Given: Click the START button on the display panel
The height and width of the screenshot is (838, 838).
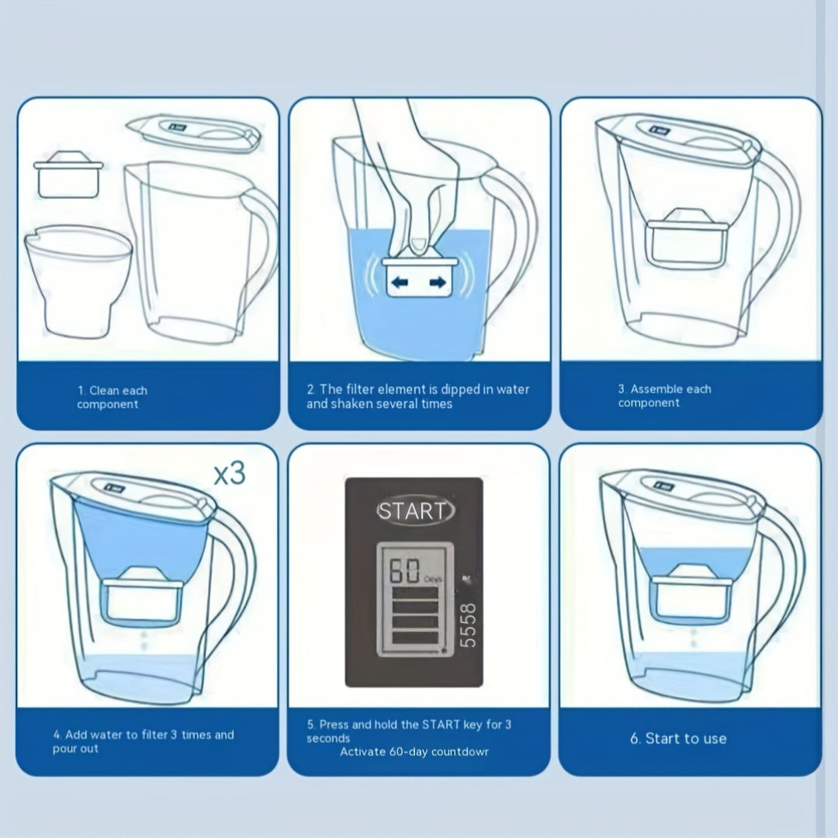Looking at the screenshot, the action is [415, 511].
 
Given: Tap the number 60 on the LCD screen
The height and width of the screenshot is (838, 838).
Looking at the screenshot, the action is [404, 571].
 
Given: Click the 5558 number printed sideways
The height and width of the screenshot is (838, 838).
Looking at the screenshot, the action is [468, 625].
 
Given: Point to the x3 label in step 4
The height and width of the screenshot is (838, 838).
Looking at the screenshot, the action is [230, 473].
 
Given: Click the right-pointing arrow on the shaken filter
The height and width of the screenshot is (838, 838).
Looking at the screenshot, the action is [438, 282].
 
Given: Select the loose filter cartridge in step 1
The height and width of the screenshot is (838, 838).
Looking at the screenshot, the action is [68, 175].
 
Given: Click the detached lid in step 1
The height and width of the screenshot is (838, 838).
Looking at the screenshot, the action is [193, 133].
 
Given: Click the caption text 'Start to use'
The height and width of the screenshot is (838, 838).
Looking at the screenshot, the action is [686, 739].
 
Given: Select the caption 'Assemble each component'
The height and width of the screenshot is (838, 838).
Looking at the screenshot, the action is [664, 396].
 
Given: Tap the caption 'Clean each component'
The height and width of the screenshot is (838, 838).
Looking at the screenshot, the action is [112, 397].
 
